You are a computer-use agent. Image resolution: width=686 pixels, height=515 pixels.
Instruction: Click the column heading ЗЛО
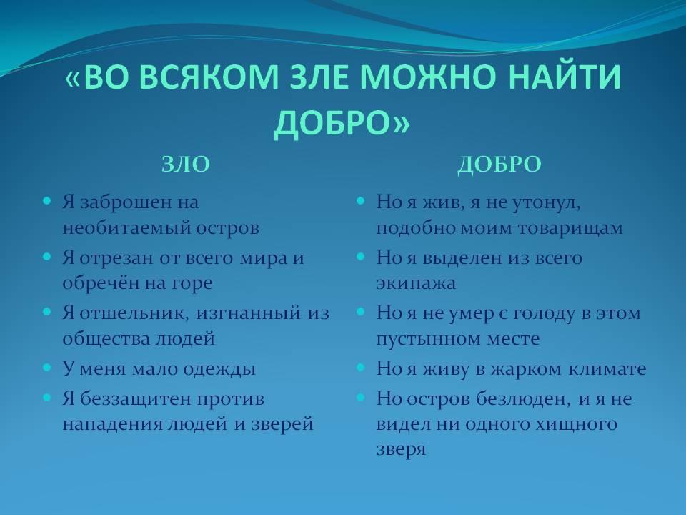[186, 165]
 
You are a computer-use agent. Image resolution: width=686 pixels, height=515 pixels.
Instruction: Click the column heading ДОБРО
[499, 165]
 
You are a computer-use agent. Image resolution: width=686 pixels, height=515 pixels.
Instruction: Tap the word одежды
[219, 369]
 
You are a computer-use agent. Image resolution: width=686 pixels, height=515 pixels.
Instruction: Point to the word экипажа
[416, 284]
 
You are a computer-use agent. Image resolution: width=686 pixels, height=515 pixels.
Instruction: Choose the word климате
[607, 369]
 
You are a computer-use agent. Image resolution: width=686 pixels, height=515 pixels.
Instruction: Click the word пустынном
[426, 339]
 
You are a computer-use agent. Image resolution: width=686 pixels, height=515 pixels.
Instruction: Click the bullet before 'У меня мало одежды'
[47, 368]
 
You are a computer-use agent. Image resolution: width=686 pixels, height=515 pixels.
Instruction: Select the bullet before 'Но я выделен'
[361, 257]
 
